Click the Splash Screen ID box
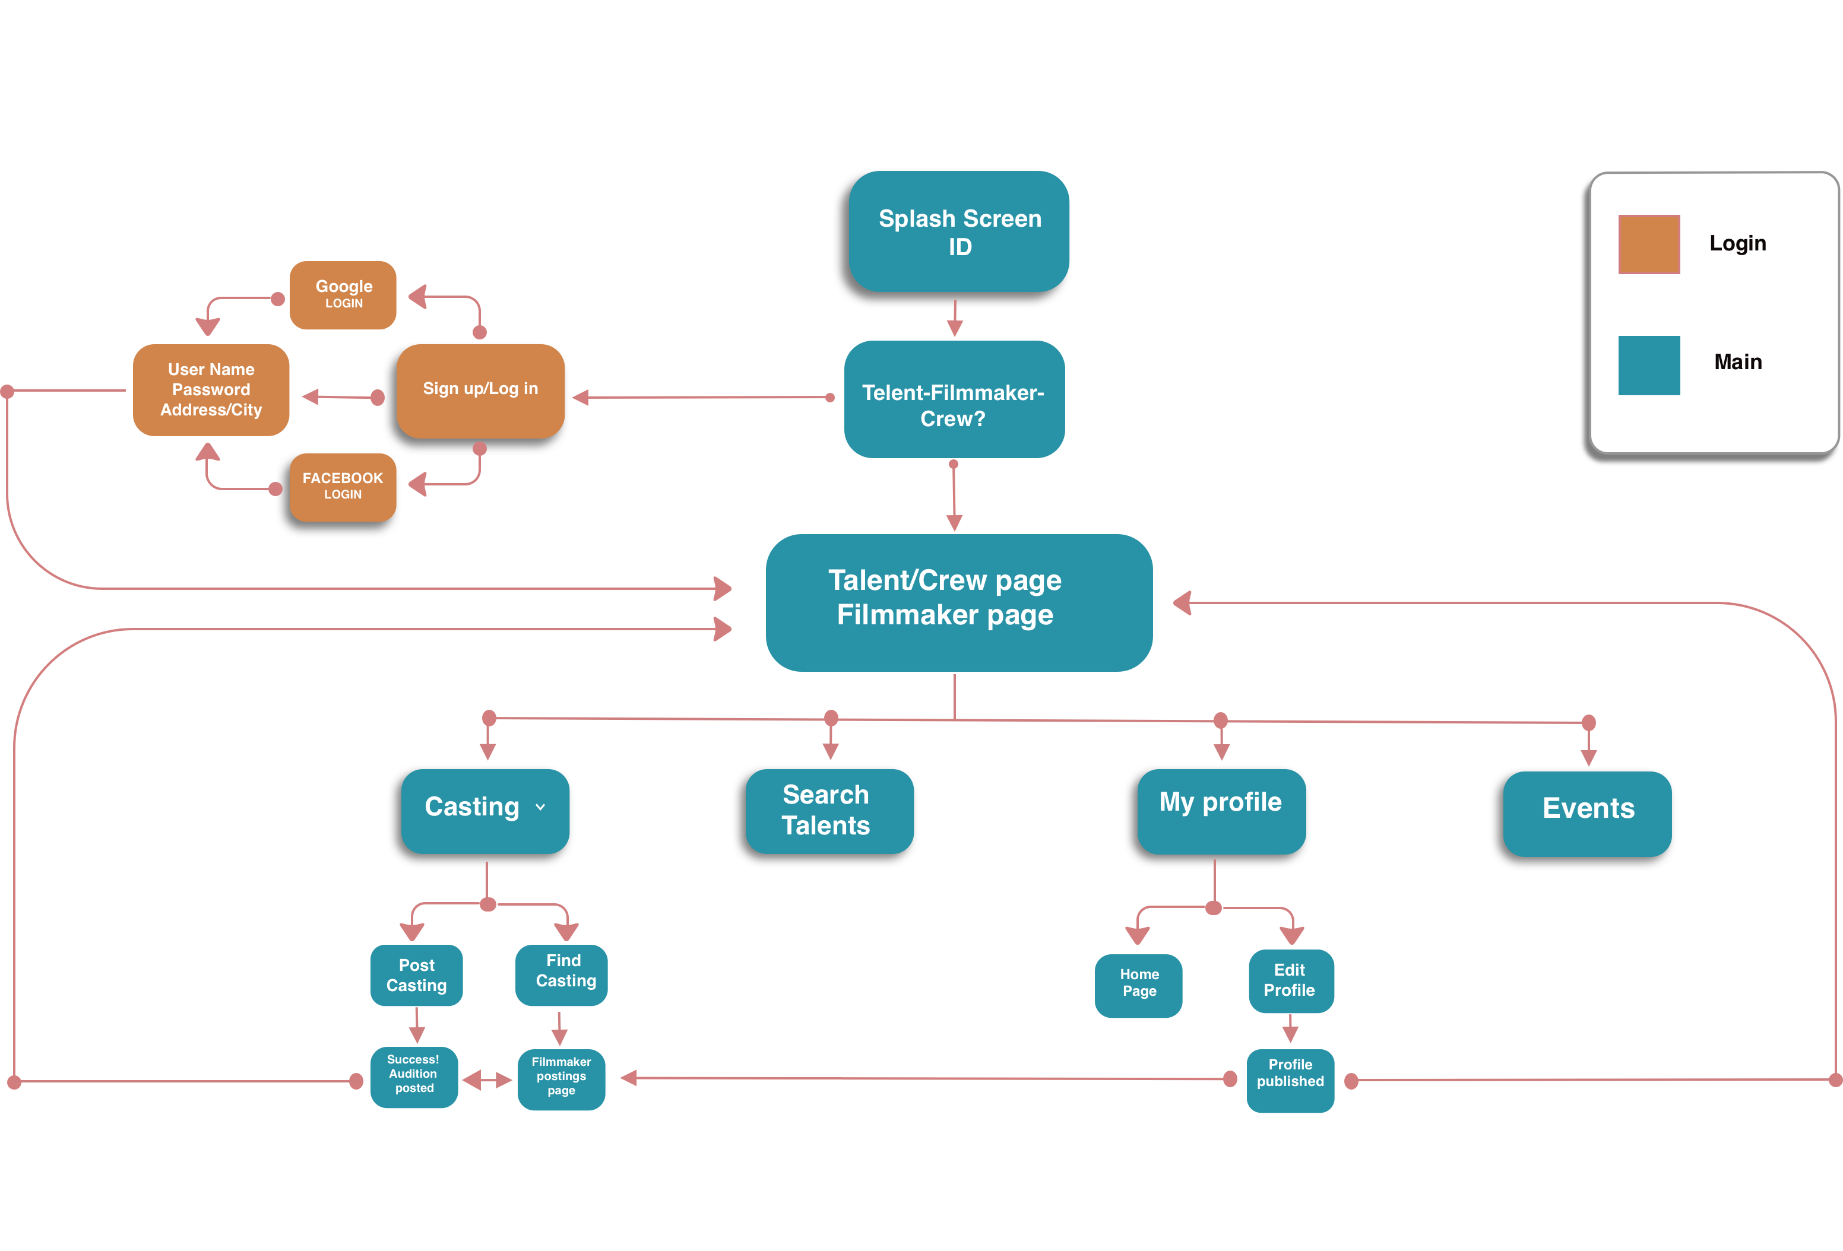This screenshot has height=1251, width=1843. [959, 231]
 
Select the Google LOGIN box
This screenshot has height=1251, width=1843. [343, 295]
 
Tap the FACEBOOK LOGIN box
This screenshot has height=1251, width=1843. [343, 487]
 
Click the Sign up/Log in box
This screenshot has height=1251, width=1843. [480, 390]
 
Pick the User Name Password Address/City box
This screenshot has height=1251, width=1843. [211, 389]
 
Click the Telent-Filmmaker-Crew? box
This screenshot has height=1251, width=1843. [954, 399]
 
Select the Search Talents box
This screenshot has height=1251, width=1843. [829, 810]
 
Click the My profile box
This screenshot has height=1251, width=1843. [1221, 810]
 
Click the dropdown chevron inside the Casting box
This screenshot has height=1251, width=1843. [540, 807]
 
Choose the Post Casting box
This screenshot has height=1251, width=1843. [416, 975]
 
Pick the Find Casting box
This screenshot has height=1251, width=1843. [562, 974]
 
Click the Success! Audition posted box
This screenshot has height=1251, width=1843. [414, 1076]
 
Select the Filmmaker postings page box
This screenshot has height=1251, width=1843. [562, 1079]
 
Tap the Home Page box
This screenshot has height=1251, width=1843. [1138, 985]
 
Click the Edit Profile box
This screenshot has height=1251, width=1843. [1290, 980]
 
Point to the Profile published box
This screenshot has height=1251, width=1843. [1290, 1079]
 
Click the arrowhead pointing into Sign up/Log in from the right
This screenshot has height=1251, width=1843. [581, 397]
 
